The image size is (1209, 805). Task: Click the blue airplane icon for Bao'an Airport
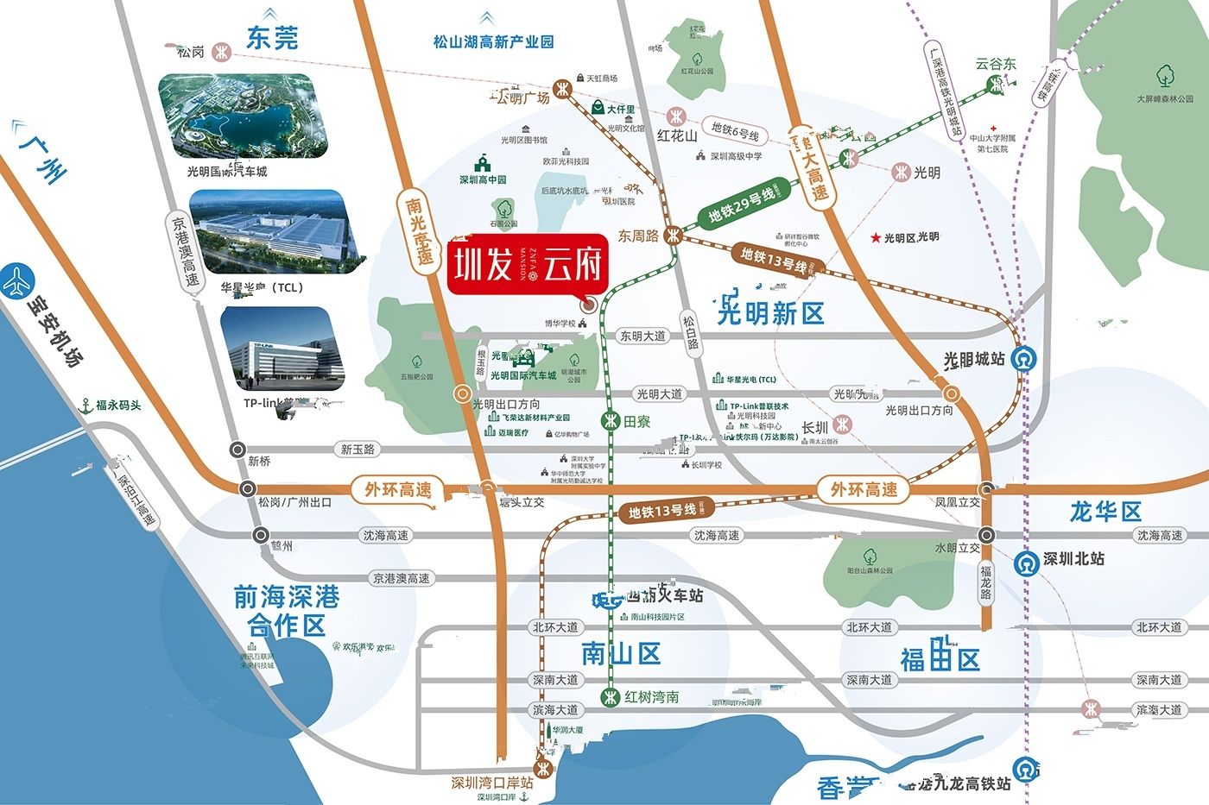pyautogui.click(x=17, y=281)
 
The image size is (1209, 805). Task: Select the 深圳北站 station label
pyautogui.click(x=1073, y=559)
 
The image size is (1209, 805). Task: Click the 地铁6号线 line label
pyautogui.click(x=735, y=131)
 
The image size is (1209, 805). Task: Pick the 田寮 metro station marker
pyautogui.click(x=611, y=421)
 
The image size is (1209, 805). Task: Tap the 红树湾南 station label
pyautogui.click(x=651, y=697)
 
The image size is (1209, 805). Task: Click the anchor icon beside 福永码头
pyautogui.click(x=85, y=405)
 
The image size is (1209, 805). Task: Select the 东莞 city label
pyautogui.click(x=271, y=39)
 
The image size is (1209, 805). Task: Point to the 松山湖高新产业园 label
pyautogui.click(x=493, y=41)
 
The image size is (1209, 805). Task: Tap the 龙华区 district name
pyautogui.click(x=1105, y=512)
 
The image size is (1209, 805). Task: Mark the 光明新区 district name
pyautogui.click(x=770, y=314)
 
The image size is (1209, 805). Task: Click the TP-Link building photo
pyautogui.click(x=282, y=347)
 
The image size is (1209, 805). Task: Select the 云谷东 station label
pyautogui.click(x=996, y=64)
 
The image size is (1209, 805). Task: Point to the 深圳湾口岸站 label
pyautogui.click(x=491, y=783)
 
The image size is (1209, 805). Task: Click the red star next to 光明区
pyautogui.click(x=877, y=237)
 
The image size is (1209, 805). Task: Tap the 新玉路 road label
pyautogui.click(x=358, y=450)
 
